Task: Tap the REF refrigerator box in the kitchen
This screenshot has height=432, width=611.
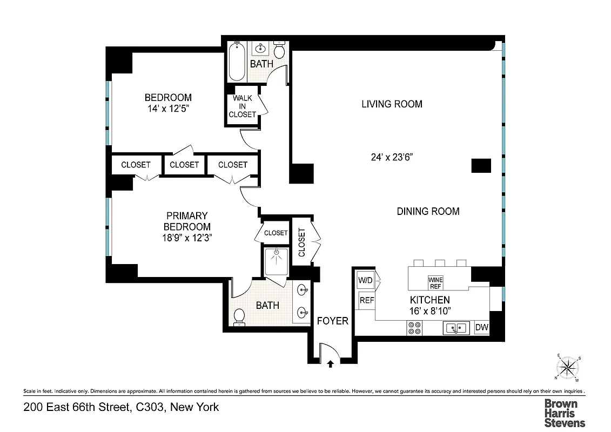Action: (x=366, y=300)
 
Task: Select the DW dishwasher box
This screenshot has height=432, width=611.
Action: (x=481, y=327)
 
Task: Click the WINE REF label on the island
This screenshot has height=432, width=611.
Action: (x=435, y=282)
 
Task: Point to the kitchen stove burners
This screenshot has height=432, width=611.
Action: (x=415, y=328)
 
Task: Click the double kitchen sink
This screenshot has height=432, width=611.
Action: (x=456, y=328)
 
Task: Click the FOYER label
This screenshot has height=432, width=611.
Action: (x=332, y=321)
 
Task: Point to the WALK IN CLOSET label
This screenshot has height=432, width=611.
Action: (x=242, y=106)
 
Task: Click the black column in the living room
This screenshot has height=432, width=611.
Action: (x=481, y=165)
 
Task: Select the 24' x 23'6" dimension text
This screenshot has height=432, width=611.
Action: (x=392, y=158)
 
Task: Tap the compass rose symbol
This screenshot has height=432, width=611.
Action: (x=567, y=368)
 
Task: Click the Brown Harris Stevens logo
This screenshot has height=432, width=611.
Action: (x=565, y=413)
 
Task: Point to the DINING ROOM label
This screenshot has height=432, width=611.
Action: (x=428, y=211)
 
